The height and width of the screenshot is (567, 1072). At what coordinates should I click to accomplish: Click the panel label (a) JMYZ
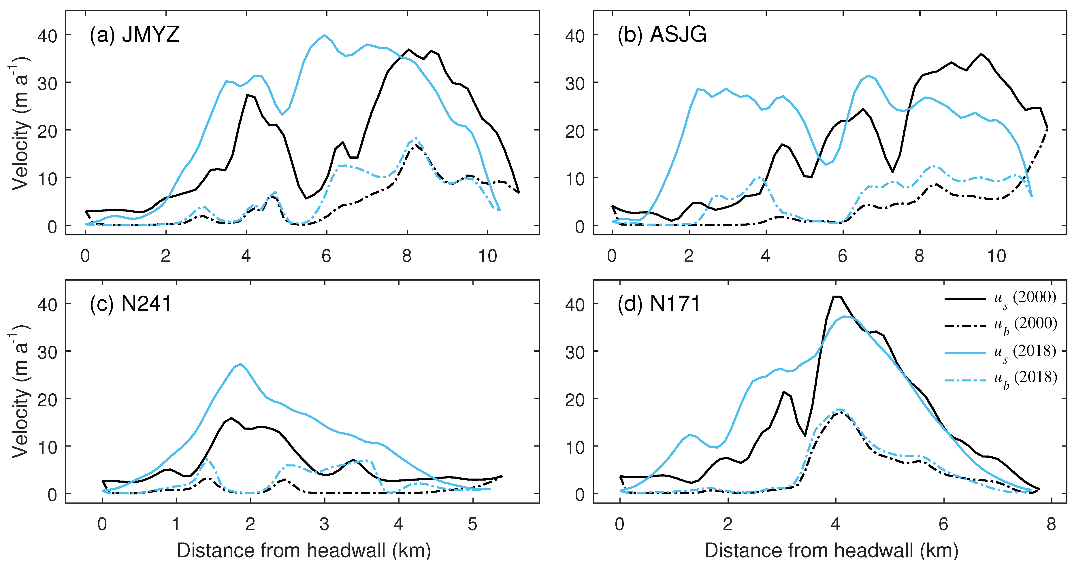[134, 35]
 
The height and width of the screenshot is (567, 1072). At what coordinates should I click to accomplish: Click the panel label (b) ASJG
[662, 35]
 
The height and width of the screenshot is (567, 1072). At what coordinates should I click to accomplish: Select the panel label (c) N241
[130, 304]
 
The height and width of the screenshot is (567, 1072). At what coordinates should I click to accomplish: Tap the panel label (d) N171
[659, 304]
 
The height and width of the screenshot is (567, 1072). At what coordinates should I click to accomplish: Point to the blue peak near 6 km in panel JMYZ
[325, 35]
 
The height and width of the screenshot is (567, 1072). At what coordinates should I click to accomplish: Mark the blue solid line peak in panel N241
[240, 364]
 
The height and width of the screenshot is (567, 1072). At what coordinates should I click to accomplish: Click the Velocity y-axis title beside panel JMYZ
[20, 124]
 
